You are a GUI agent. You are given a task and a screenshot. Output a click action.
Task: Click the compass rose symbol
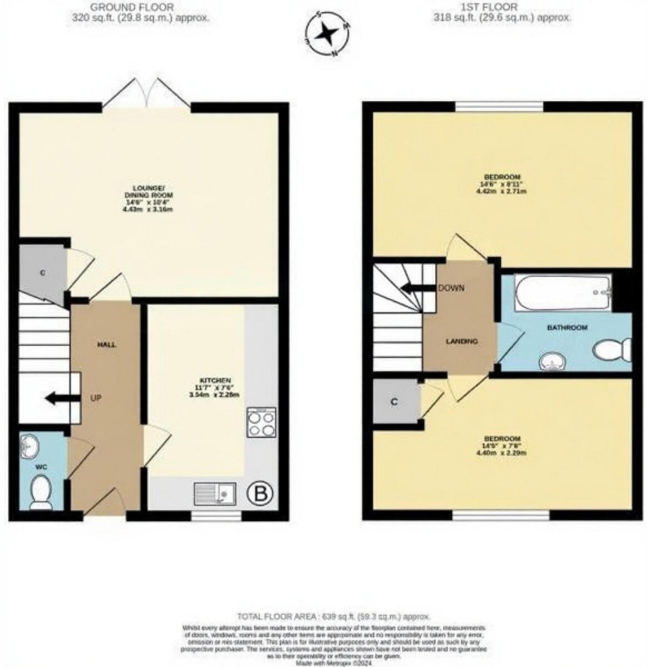(326, 34)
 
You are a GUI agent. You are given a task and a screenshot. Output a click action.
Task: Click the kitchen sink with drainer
(215, 493)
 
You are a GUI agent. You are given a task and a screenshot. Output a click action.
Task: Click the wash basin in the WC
(29, 445)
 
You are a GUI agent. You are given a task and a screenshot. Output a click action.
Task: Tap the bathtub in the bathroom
(562, 293)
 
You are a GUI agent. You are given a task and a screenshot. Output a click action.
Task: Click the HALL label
(107, 345)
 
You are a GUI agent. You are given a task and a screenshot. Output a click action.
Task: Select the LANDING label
(461, 341)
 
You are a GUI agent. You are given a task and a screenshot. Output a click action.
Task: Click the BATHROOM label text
(567, 328)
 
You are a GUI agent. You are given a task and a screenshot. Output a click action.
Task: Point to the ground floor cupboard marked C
(42, 272)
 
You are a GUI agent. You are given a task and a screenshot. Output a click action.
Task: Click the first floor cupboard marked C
(394, 402)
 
